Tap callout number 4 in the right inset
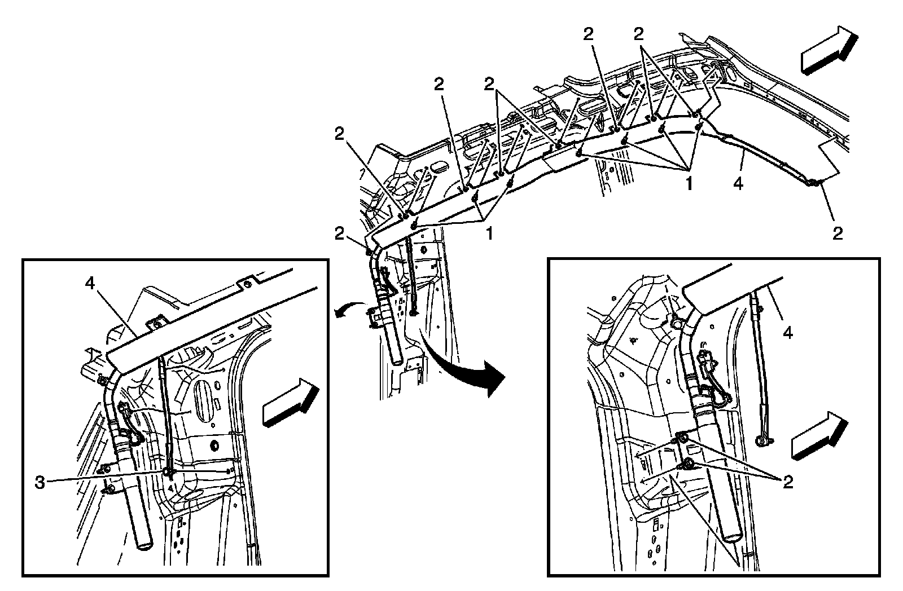[x=787, y=333]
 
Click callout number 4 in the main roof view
[x=738, y=183]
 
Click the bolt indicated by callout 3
[x=168, y=472]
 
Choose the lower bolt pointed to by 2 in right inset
[x=688, y=464]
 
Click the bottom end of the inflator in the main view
[x=397, y=359]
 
